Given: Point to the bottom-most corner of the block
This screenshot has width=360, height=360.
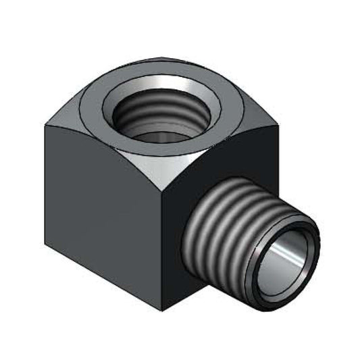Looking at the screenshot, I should (x=162, y=309).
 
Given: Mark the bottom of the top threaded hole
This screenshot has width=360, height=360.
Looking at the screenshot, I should (x=157, y=136).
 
